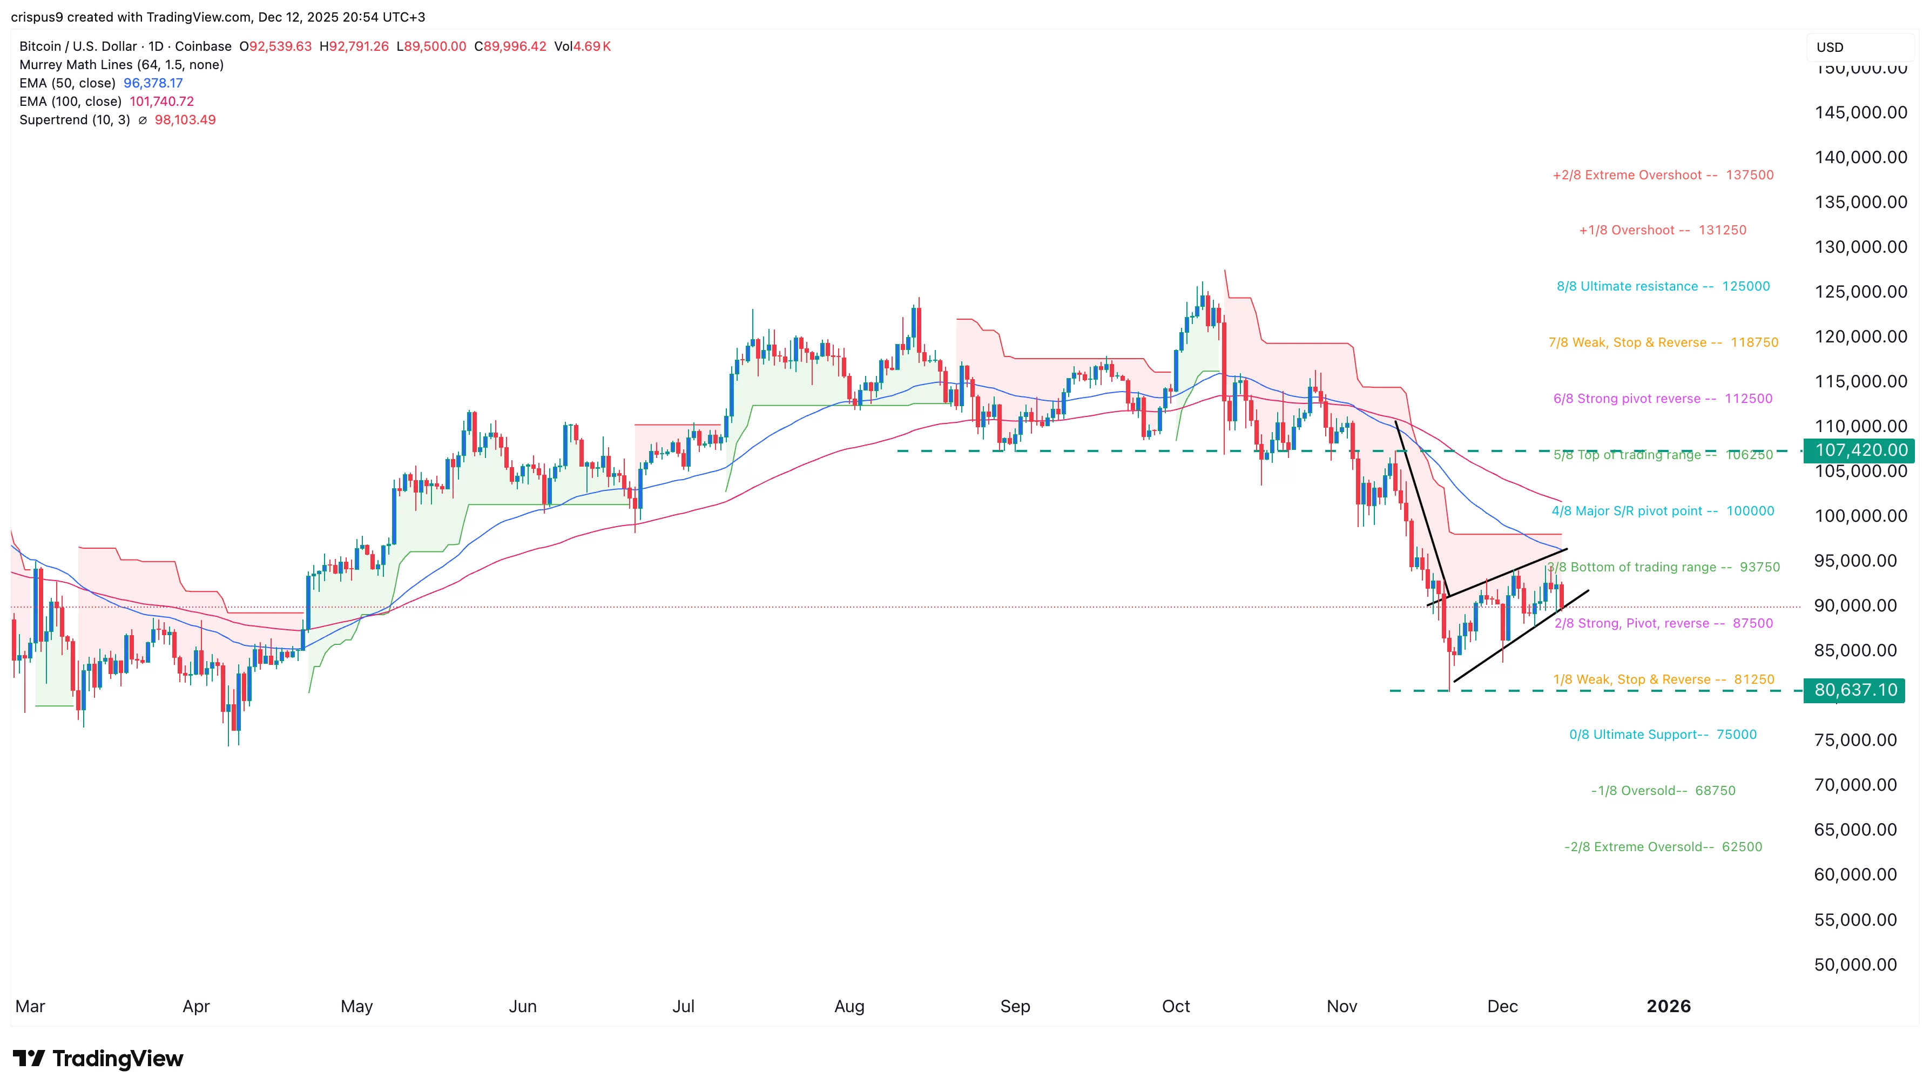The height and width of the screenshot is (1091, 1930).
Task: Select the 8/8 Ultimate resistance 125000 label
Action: [1663, 286]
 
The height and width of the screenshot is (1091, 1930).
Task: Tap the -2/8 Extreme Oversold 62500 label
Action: [1663, 847]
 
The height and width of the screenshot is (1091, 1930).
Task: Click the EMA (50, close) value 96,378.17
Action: [153, 83]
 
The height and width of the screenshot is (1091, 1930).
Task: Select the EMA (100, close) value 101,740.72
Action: [162, 101]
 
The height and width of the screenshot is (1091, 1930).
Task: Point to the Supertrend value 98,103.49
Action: [185, 120]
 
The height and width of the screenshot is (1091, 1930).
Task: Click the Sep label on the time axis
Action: [1015, 1006]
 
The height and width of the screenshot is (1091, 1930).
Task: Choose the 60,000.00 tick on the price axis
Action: [1855, 874]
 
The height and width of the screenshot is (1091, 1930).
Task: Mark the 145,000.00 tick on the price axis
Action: [1860, 112]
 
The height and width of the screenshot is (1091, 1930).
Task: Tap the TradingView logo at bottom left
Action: [98, 1058]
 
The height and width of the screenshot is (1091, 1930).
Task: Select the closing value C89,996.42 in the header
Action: [510, 46]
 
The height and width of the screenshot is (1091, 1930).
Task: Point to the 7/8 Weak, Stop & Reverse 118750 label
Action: [1663, 342]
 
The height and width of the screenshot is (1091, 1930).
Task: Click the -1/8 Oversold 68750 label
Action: [1663, 791]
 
